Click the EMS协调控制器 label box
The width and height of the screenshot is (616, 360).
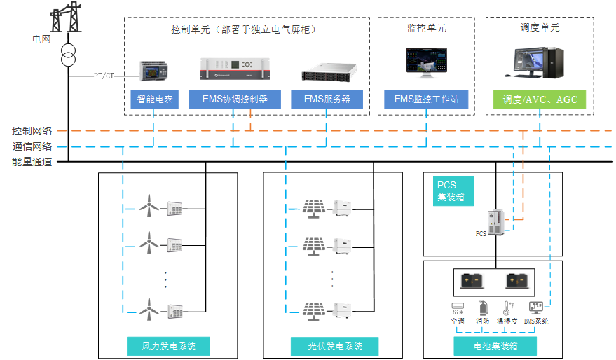[235, 99]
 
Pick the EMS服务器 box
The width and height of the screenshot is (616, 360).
[327, 99]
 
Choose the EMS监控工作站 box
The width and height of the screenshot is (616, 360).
[426, 99]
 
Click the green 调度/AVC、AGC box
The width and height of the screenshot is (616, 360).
[540, 99]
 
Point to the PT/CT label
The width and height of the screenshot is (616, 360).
[104, 75]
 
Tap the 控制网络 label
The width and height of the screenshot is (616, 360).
[32, 131]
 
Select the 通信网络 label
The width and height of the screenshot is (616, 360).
[32, 146]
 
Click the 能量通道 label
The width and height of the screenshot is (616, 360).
[32, 162]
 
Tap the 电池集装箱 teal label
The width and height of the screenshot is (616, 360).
[495, 346]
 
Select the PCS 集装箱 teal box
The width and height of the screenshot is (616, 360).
[449, 191]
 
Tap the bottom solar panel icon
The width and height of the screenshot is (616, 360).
[313, 308]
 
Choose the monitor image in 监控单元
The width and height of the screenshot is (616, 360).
[426, 62]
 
